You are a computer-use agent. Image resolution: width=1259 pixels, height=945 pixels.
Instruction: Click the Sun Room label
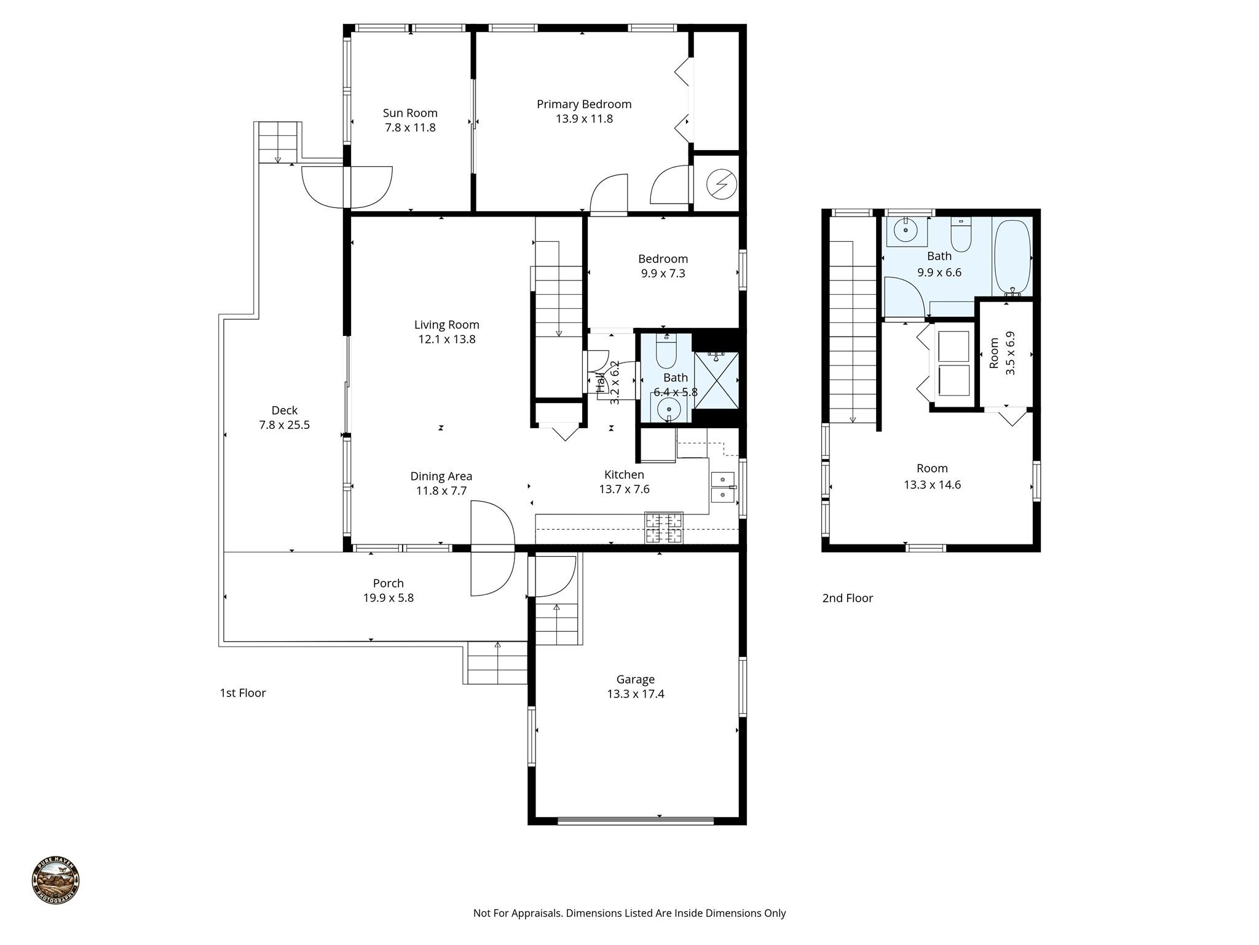[x=410, y=113]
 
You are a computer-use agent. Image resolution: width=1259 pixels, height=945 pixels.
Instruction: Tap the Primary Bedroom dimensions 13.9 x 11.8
[x=584, y=119]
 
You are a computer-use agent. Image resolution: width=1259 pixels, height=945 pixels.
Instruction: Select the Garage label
[x=635, y=679]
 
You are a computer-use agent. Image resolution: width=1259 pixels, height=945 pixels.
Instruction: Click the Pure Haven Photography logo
[x=56, y=880]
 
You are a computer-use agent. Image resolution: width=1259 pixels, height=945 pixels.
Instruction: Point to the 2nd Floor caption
[x=847, y=598]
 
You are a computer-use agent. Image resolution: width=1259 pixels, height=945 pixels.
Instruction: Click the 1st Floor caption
[x=243, y=693]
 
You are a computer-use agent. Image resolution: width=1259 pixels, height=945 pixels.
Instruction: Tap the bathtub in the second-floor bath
[x=1012, y=257]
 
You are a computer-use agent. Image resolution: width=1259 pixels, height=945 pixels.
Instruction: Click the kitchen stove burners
[x=663, y=527]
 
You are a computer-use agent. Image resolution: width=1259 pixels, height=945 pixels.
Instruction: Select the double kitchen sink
[x=722, y=487]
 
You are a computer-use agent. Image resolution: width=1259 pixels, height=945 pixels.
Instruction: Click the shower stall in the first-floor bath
[x=716, y=380]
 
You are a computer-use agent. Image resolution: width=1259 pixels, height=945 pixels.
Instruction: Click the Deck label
[x=285, y=410]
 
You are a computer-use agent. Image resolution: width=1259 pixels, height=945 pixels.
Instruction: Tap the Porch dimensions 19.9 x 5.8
[x=388, y=598]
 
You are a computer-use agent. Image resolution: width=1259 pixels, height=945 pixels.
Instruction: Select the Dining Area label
[x=441, y=476]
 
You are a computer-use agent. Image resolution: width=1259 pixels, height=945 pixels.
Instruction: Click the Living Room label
[x=446, y=325]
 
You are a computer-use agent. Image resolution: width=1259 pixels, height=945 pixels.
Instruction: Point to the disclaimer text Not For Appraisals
[x=629, y=913]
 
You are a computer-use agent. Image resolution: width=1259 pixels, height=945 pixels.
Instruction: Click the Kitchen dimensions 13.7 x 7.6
[x=624, y=489]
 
